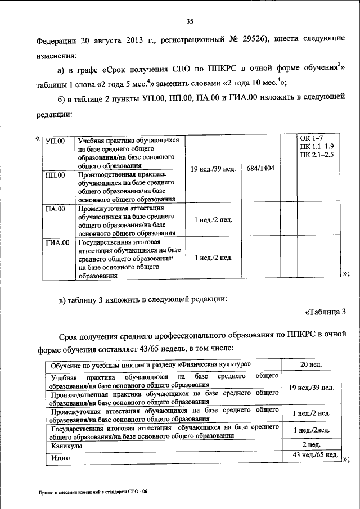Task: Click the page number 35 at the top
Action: (x=190, y=21)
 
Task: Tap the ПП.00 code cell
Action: (x=55, y=175)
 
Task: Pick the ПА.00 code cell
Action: (x=55, y=209)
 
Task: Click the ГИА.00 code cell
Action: (x=57, y=243)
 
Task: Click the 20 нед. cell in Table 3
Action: (x=311, y=365)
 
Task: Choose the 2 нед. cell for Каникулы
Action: (x=311, y=445)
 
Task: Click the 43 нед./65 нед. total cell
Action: (x=312, y=454)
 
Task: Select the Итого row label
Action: (x=59, y=458)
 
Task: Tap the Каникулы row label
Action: (x=64, y=445)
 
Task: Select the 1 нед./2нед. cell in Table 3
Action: (x=311, y=431)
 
